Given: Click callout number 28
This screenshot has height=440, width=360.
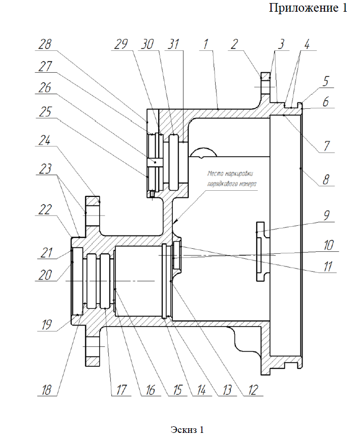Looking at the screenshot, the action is [45, 44].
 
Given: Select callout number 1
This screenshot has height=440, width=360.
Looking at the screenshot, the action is [205, 44].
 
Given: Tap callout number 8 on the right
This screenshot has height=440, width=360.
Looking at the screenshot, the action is [325, 179].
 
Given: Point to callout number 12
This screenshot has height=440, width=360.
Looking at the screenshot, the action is [253, 390].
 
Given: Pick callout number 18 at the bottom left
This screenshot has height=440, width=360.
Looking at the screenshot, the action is [47, 390].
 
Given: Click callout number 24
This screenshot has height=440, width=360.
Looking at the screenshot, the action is [45, 140].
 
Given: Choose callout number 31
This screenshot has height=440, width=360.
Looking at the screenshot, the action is [173, 44].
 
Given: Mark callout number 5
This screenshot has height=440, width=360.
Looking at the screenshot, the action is [325, 81].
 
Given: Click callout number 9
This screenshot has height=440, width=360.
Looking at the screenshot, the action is [326, 216].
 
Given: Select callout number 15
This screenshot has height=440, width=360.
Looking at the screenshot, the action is [177, 390].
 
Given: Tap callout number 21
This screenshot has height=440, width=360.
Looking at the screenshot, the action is [46, 252].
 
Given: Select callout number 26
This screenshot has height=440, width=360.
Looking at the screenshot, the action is [45, 88].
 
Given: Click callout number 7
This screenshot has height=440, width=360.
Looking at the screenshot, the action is [326, 146].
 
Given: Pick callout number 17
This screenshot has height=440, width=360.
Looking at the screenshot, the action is [121, 390].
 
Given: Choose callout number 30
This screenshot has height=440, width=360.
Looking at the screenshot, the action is [147, 44].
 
